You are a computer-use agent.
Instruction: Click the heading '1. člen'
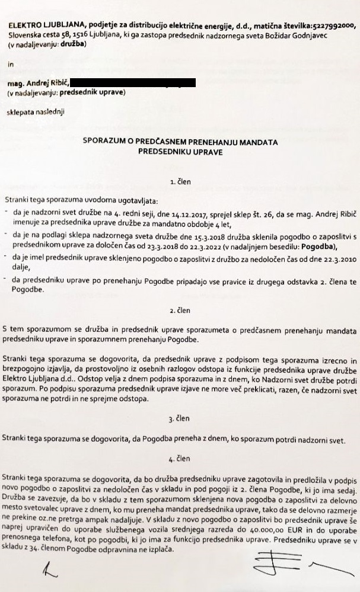[x=180, y=183]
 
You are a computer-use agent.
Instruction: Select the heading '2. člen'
[x=180, y=310]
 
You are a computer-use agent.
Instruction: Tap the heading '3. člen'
[x=180, y=419]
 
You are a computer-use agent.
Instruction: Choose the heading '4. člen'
[x=180, y=458]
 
